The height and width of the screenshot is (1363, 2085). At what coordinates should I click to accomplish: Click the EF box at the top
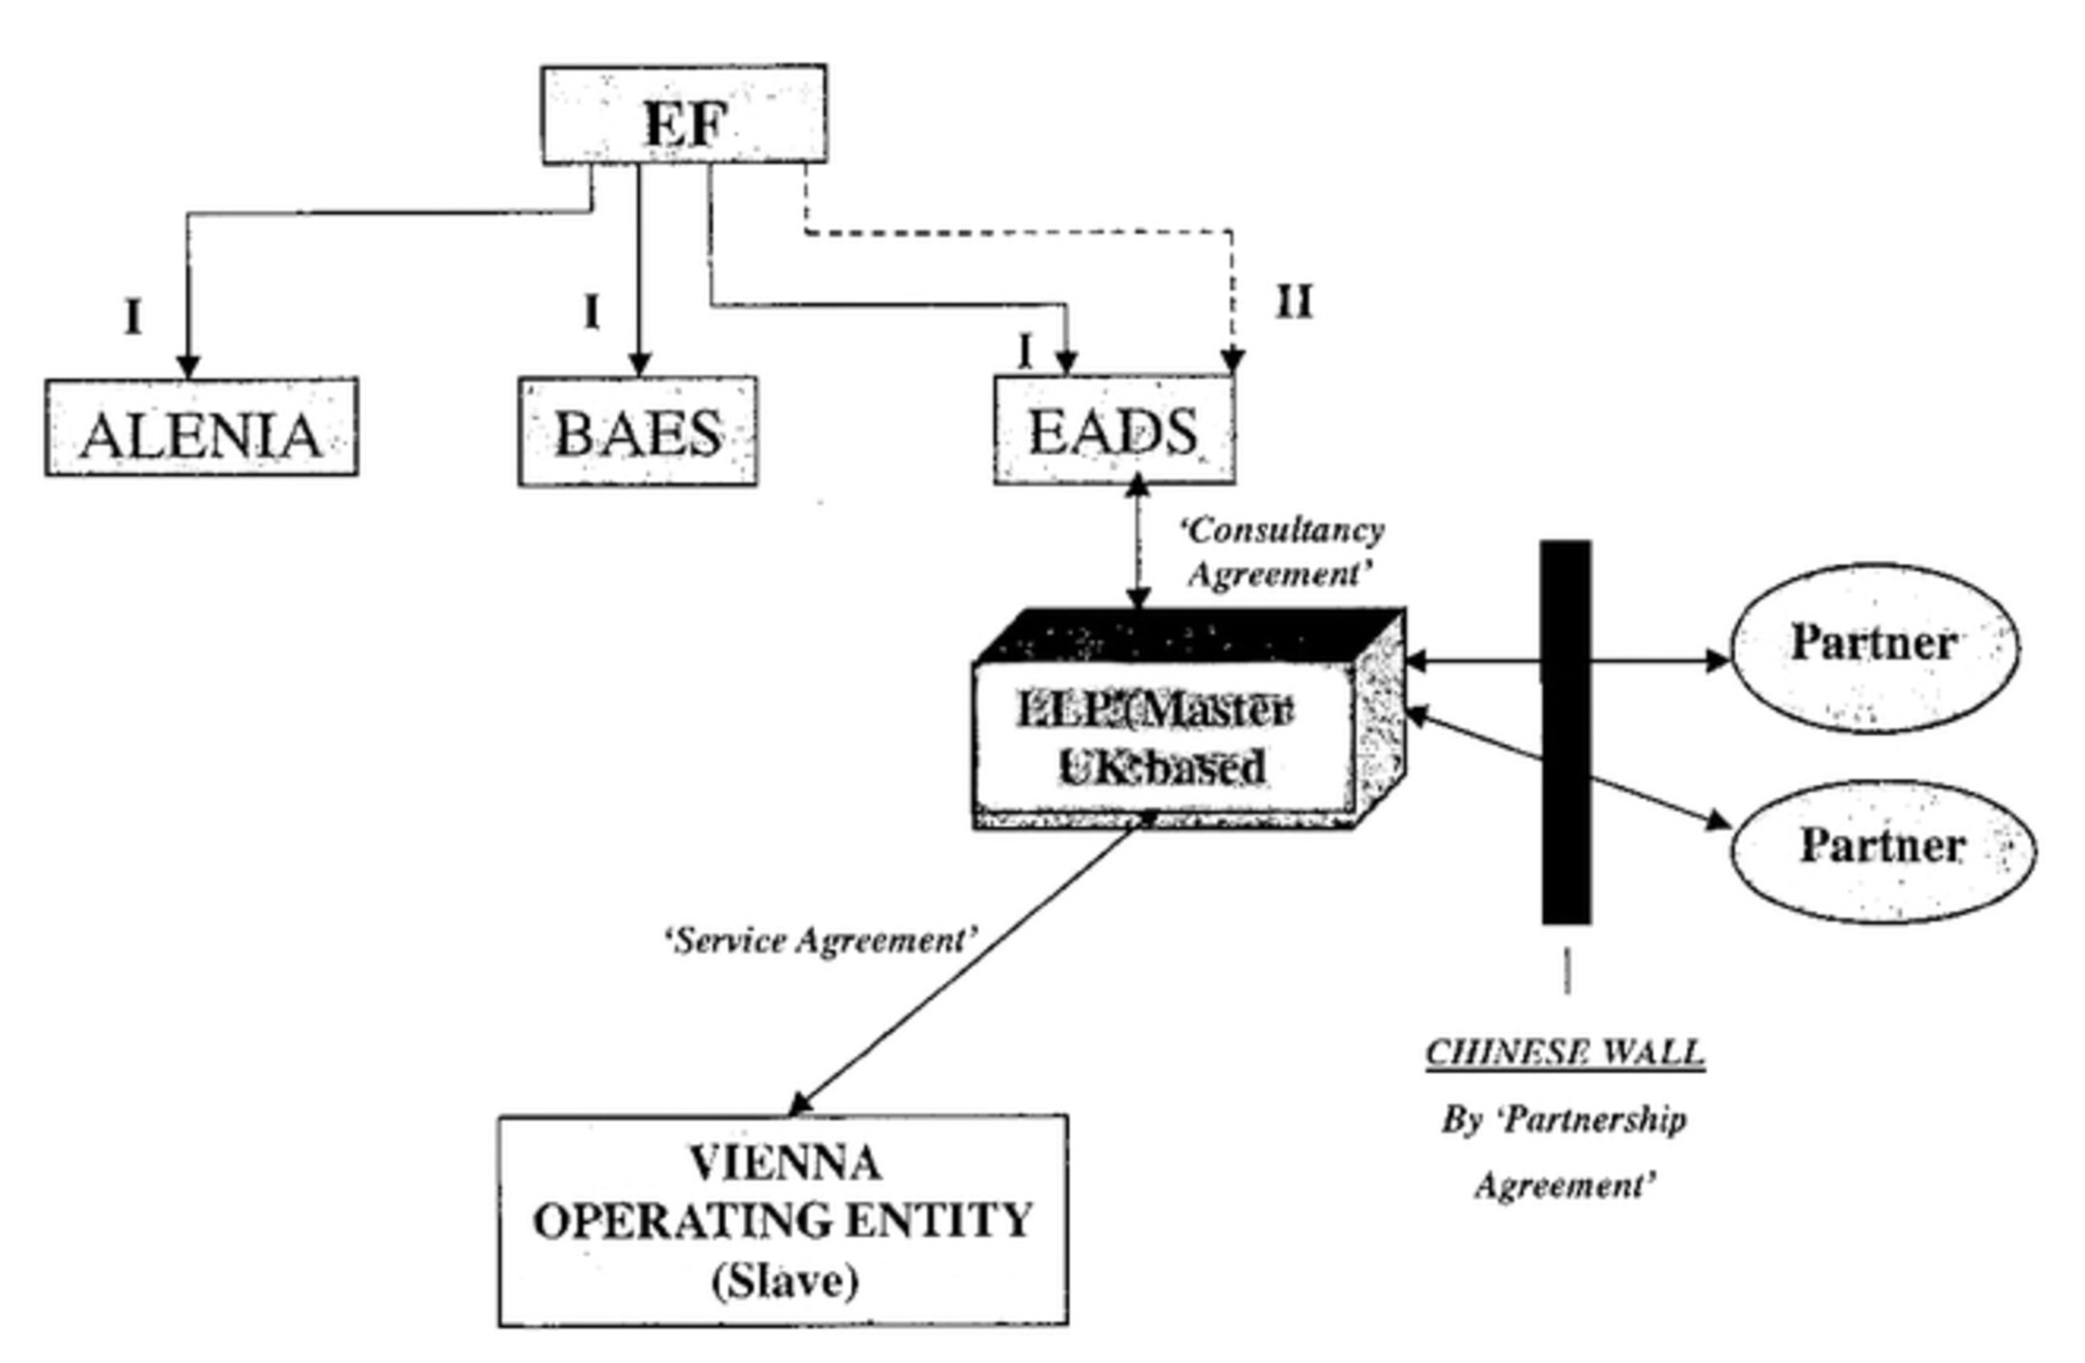click(x=683, y=115)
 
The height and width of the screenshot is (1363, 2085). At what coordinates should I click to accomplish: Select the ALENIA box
click(x=201, y=427)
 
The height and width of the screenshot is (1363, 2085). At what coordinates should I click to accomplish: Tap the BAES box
click(x=638, y=431)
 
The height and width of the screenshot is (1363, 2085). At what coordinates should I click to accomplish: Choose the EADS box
click(x=1114, y=430)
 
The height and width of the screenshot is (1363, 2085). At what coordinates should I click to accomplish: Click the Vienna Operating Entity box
click(x=783, y=1221)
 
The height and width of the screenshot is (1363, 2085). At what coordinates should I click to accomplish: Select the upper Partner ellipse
click(x=1875, y=646)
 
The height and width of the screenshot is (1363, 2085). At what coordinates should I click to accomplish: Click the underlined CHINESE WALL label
click(x=1566, y=1053)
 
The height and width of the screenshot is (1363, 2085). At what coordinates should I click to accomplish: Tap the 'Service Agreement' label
click(x=821, y=941)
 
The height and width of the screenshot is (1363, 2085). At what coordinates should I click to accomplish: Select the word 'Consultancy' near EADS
click(x=1281, y=531)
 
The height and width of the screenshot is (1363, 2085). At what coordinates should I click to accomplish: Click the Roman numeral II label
click(x=1295, y=303)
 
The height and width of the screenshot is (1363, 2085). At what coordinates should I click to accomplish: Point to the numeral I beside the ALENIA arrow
click(x=134, y=318)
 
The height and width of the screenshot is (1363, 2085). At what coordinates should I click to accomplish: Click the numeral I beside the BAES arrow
click(x=591, y=312)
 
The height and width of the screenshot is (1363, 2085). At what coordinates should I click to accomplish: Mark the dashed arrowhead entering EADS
click(x=1233, y=363)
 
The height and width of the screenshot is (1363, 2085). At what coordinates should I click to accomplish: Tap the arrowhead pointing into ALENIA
click(x=189, y=366)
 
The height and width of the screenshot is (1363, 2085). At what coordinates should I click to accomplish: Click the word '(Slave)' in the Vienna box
click(x=785, y=1281)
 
